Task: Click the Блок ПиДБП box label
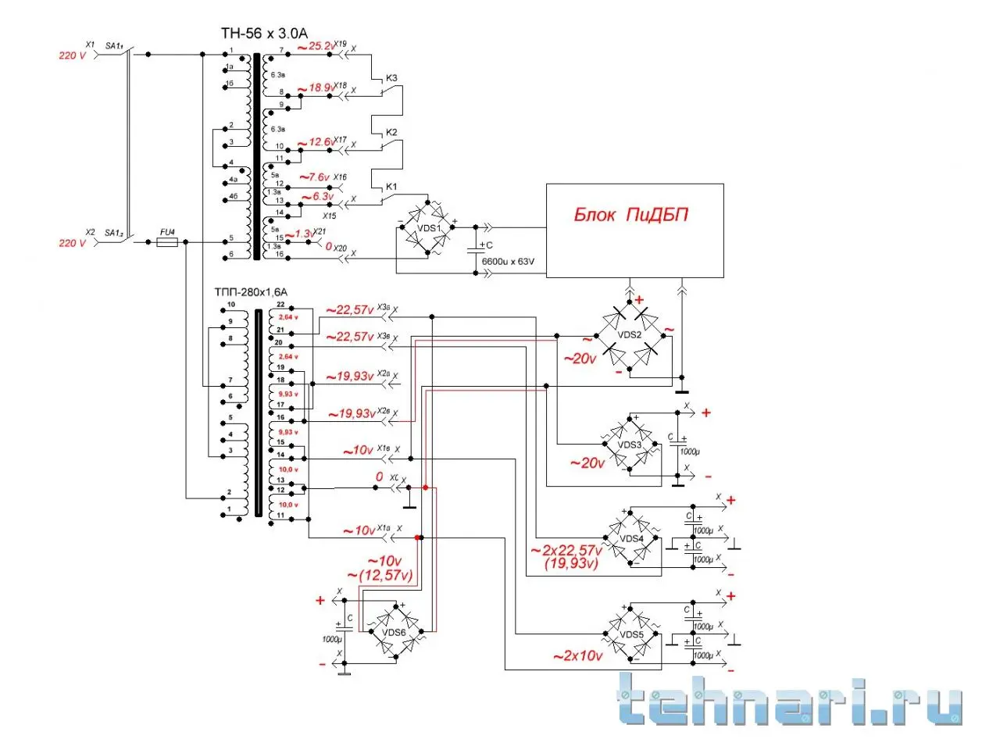pyautogui.click(x=631, y=215)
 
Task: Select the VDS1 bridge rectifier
pyautogui.click(x=427, y=227)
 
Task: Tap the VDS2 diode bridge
pyautogui.click(x=630, y=334)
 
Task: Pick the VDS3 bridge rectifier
pyautogui.click(x=630, y=445)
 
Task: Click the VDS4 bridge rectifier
pyautogui.click(x=631, y=538)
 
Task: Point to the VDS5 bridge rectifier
pyautogui.click(x=631, y=634)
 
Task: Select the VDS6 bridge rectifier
pyautogui.click(x=394, y=632)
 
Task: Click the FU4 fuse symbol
pyautogui.click(x=167, y=242)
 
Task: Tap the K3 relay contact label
pyautogui.click(x=391, y=78)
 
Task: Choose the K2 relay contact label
pyautogui.click(x=391, y=132)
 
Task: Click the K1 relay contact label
pyautogui.click(x=391, y=187)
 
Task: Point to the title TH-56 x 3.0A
pyautogui.click(x=264, y=33)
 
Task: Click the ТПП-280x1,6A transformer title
pyautogui.click(x=251, y=292)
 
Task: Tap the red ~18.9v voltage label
pyautogui.click(x=316, y=87)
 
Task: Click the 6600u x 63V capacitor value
pyautogui.click(x=508, y=262)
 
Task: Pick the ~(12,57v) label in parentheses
pyautogui.click(x=380, y=576)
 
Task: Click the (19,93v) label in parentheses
pyautogui.click(x=572, y=563)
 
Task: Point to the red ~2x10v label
pyautogui.click(x=577, y=656)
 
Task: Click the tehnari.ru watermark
pyautogui.click(x=789, y=699)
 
